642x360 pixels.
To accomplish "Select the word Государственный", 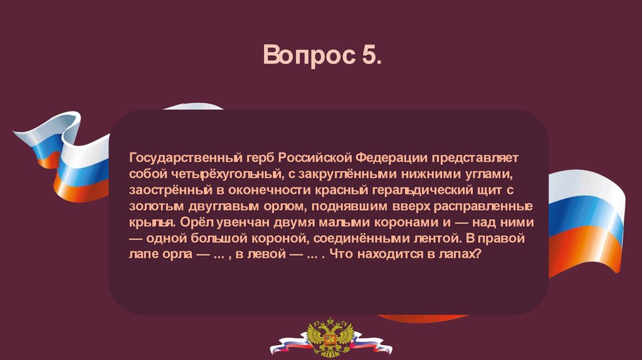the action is click(x=186, y=158).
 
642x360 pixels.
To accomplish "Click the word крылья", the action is click(x=152, y=223).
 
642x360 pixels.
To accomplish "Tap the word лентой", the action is click(x=435, y=238).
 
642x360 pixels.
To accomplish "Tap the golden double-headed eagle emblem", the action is click(x=330, y=337).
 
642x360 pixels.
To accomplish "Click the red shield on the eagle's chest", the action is click(x=330, y=339).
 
